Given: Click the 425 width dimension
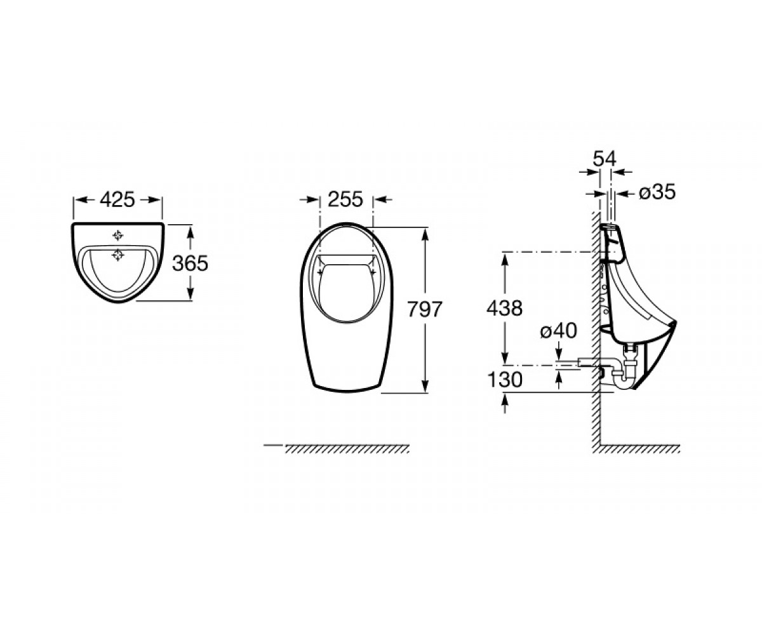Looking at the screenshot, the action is tap(117, 199).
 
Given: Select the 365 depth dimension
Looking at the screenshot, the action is tap(190, 263).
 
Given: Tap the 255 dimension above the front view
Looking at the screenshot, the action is tap(345, 199).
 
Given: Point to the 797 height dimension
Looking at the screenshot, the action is tap(425, 309).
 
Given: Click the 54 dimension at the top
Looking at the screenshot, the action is tap(605, 159).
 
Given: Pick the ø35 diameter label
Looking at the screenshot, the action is tap(657, 192).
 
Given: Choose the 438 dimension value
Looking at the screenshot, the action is tap(504, 308).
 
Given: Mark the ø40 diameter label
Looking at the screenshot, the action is tap(558, 331).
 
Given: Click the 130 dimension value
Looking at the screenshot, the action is tap(505, 380).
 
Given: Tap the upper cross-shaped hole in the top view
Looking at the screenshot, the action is tap(117, 236).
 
